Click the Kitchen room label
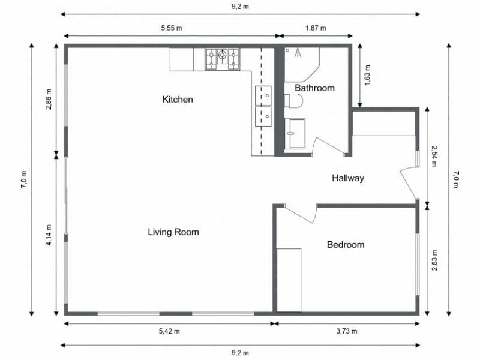(178, 99)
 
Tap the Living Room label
(173, 232)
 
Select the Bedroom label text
(345, 244)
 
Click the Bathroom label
(314, 88)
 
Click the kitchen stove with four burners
(222, 58)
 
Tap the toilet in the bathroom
(295, 102)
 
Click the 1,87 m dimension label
(316, 28)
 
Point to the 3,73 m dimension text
(346, 331)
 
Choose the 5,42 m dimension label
(170, 331)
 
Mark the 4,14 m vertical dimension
(49, 235)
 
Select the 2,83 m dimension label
(434, 260)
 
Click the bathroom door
(328, 147)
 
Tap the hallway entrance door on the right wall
(409, 182)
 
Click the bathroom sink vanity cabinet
(295, 132)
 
